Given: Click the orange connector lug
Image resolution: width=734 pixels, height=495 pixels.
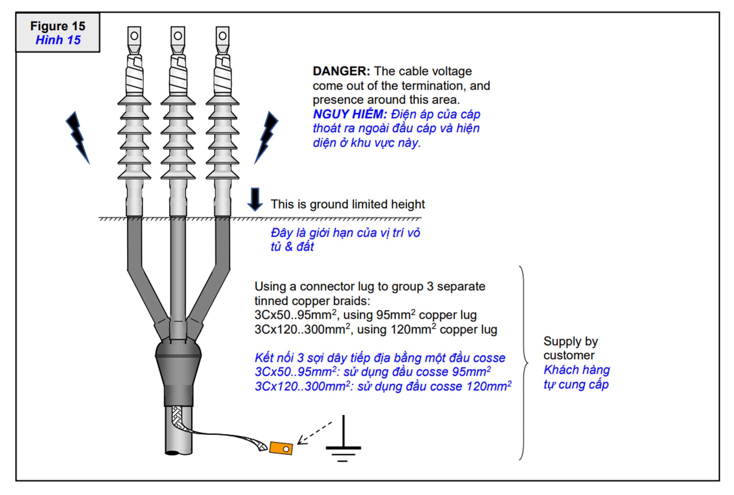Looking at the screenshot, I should pyautogui.click(x=280, y=448).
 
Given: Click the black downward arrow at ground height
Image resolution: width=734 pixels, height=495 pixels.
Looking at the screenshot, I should pyautogui.click(x=255, y=199).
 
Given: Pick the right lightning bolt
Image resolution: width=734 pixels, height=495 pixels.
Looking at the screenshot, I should pyautogui.click(x=267, y=137).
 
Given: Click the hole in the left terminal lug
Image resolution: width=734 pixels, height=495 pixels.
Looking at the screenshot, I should pyautogui.click(x=134, y=36).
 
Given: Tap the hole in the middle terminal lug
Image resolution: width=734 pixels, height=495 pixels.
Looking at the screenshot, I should pyautogui.click(x=178, y=36).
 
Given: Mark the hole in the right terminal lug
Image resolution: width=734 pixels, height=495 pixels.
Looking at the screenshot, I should pyautogui.click(x=222, y=36).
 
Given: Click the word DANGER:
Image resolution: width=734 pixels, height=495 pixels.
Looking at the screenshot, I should pyautogui.click(x=341, y=71).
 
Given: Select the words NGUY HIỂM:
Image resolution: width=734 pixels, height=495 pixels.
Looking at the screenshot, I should pyautogui.click(x=350, y=114).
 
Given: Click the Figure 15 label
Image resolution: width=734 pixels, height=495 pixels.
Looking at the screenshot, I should pyautogui.click(x=58, y=26).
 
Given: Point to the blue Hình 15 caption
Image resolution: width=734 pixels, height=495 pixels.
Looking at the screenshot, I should pyautogui.click(x=58, y=40).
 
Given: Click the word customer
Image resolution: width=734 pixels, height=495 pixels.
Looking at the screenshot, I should pyautogui.click(x=569, y=355).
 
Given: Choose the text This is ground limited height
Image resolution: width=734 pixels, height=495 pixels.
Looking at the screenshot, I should pyautogui.click(x=348, y=204).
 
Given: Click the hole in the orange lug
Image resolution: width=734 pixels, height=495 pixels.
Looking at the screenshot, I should pyautogui.click(x=286, y=449).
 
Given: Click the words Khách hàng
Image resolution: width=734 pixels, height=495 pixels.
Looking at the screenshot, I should pyautogui.click(x=577, y=370).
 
